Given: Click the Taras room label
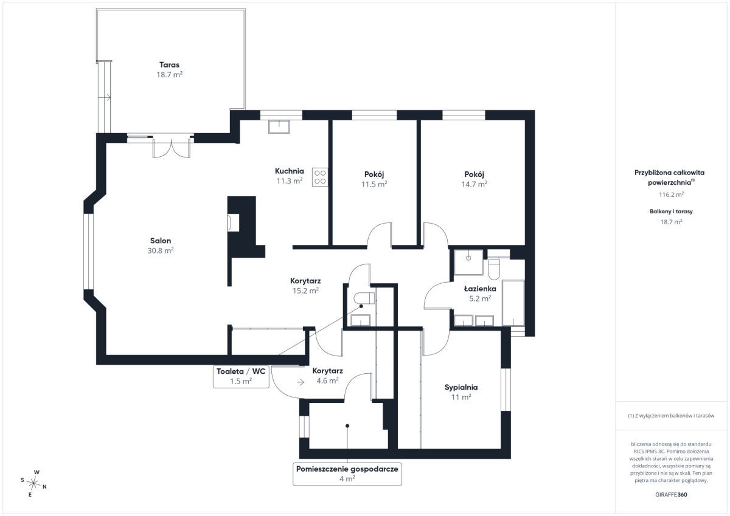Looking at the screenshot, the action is click(x=170, y=65).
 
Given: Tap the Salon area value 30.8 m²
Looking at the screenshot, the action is click(x=161, y=250).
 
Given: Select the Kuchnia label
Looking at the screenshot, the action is click(x=290, y=171).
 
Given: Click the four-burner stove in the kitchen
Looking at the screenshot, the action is click(x=320, y=177).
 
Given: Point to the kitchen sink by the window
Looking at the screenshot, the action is click(x=279, y=126).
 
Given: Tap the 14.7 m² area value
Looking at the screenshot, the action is click(x=474, y=184).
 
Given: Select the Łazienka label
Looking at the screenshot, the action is click(x=480, y=289).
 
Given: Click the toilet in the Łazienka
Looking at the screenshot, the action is click(x=494, y=269).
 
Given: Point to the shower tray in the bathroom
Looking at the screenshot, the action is click(x=468, y=262).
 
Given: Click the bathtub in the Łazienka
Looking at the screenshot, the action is click(x=513, y=303).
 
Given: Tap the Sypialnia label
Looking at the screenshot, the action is click(x=461, y=387).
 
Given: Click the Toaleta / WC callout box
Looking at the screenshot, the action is click(x=241, y=376).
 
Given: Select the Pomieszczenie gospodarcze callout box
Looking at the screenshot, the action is click(x=347, y=473).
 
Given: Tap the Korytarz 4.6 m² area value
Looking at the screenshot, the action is click(x=327, y=380).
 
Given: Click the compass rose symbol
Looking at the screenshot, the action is click(x=33, y=483).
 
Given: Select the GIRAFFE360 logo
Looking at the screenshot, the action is click(x=671, y=495).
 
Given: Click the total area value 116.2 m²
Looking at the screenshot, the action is click(x=671, y=194).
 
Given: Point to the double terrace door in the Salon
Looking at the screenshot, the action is click(x=172, y=148).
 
